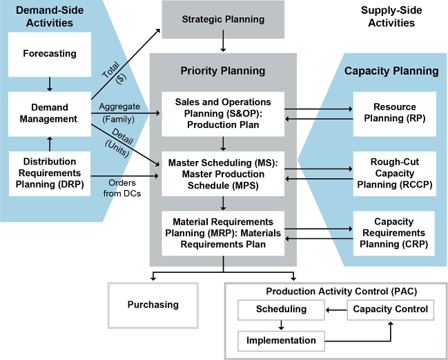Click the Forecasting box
49,53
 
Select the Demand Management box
49,113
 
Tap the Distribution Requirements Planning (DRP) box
49,172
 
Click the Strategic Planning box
223,19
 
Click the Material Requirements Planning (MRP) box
223,234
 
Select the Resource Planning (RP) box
394,113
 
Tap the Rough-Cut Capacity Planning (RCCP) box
394,173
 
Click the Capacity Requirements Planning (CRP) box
394,233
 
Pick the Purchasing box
153,305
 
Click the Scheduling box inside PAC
281,309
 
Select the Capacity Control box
390,309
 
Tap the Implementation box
281,340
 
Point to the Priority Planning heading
223,70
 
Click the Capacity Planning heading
391,70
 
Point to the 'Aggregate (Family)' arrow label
119,113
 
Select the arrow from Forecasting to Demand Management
49,84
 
